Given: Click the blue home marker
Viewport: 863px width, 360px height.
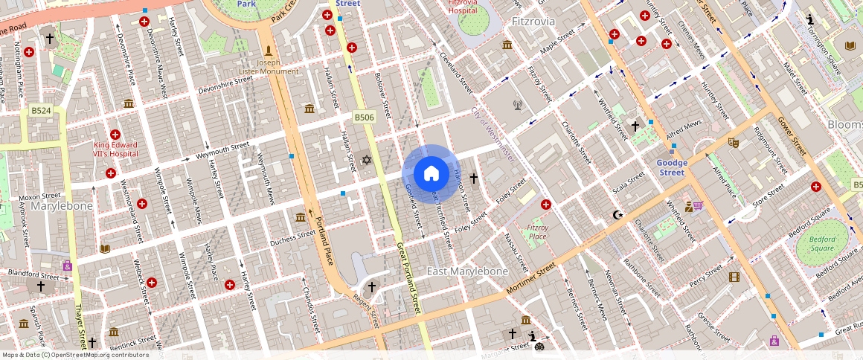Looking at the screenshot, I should click(x=431, y=173).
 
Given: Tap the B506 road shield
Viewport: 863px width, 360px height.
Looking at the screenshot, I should click(x=363, y=118).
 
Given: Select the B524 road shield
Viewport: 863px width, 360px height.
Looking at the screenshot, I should click(x=41, y=111).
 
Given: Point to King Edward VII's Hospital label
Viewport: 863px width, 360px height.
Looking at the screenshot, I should click(x=115, y=148).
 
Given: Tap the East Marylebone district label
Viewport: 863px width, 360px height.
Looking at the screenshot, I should click(x=467, y=271).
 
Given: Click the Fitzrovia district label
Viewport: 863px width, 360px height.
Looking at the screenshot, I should click(x=533, y=22).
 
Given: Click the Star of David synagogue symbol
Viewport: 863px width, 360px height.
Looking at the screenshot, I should click(x=365, y=159).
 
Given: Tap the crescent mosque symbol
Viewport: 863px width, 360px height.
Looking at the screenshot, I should click(x=617, y=215).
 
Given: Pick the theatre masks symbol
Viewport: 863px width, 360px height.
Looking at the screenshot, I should click(x=733, y=141).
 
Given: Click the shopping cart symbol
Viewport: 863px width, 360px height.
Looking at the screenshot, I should click(x=699, y=205).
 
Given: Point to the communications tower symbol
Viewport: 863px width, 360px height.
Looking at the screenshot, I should click(x=517, y=104).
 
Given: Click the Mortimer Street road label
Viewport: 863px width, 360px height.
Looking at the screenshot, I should click(x=530, y=277).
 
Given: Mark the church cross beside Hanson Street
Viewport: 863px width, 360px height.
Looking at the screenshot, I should click(x=473, y=179).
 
